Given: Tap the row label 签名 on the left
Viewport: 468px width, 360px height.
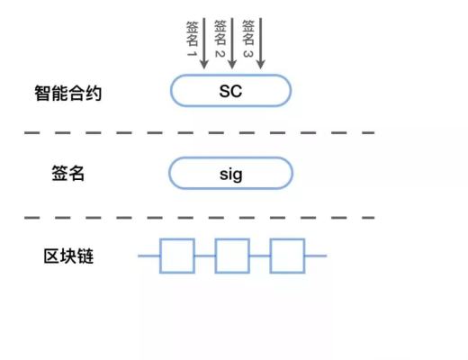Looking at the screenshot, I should (x=69, y=174).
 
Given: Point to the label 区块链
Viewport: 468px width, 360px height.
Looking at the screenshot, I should (x=69, y=256).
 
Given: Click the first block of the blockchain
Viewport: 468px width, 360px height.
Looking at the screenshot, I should (x=177, y=256).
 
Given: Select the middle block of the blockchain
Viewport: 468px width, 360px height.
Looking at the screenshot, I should (x=232, y=256).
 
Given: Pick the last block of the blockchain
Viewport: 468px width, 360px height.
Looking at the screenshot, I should (x=287, y=256).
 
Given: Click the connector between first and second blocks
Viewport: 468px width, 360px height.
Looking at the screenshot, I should (x=205, y=256).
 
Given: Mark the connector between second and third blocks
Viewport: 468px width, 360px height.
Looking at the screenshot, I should (x=260, y=256).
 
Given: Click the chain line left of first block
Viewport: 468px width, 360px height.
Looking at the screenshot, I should (x=148, y=256).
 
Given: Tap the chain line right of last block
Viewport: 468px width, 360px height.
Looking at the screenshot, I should (x=315, y=256).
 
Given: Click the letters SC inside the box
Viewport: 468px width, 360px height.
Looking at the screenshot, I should (x=231, y=91).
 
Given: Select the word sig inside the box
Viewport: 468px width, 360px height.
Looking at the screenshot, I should (x=231, y=173).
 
